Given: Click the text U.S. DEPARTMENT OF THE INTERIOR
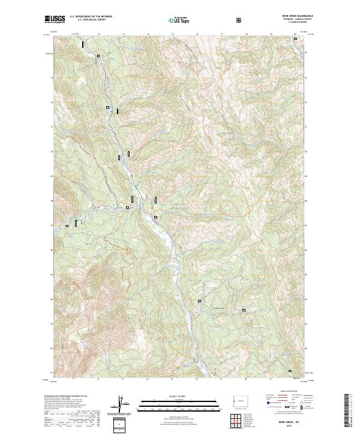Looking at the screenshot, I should tap(91, 17).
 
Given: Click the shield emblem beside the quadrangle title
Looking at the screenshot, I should tap(241, 20).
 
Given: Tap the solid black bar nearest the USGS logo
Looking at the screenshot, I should tap(83, 44).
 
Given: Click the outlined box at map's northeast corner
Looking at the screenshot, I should tap(295, 39).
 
